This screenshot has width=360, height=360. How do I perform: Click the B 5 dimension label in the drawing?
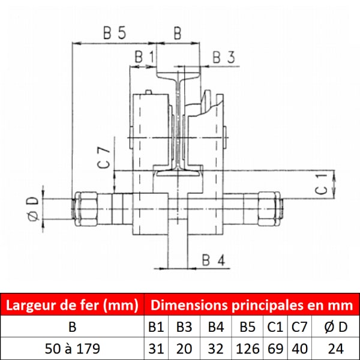pyautogui.click(x=115, y=32)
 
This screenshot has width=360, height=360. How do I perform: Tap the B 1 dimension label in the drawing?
pyautogui.click(x=145, y=57)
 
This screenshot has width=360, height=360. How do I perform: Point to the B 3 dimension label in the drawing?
pyautogui.click(x=224, y=57)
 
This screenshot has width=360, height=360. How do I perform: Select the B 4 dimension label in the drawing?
pyautogui.click(x=214, y=260)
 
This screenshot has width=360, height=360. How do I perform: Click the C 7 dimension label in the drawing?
pyautogui.click(x=104, y=158)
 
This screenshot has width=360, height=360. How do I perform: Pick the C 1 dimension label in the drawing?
pyautogui.click(x=321, y=184)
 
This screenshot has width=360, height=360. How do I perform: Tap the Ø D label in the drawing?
pyautogui.click(x=33, y=209)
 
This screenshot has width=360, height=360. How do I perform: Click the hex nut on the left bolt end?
pyautogui.click(x=86, y=209)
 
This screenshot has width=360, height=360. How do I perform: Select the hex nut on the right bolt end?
pyautogui.click(x=269, y=209)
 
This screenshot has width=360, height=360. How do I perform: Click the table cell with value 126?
pyautogui.click(x=247, y=349)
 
